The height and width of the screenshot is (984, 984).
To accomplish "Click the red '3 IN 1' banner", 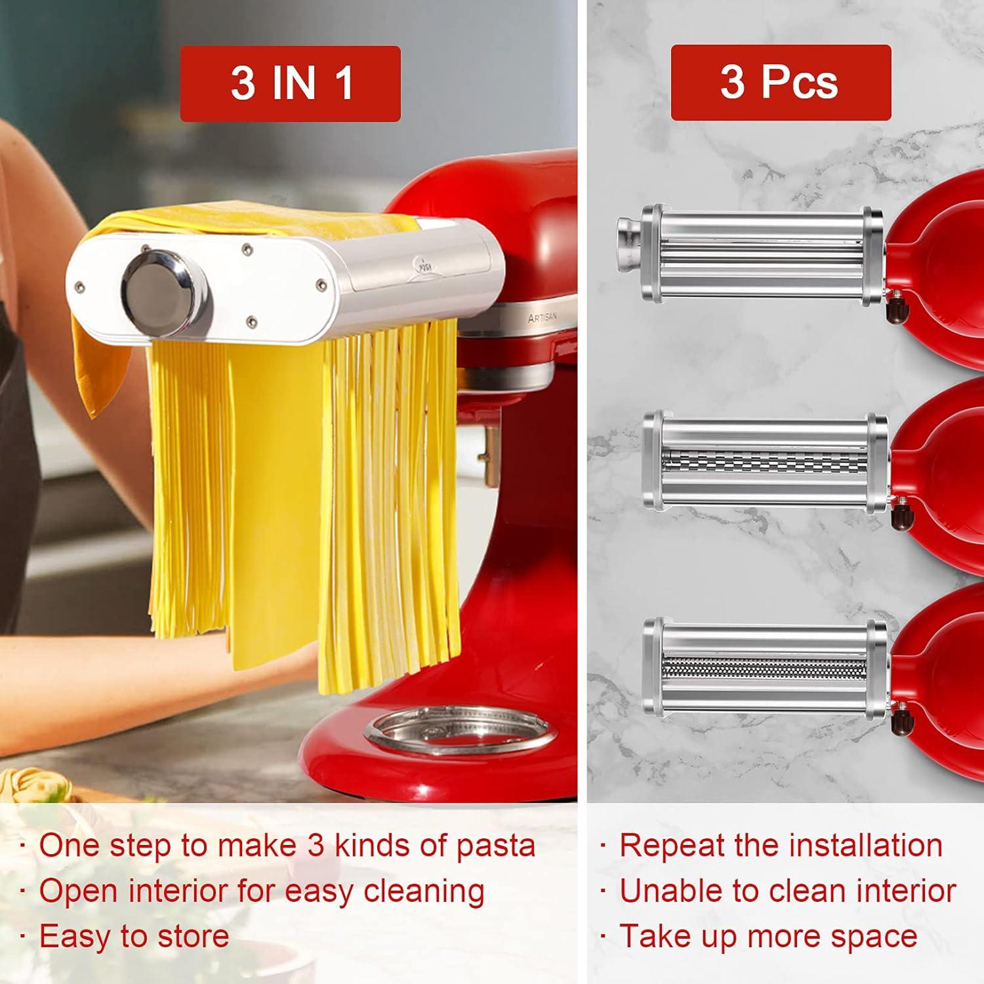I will point(290,83).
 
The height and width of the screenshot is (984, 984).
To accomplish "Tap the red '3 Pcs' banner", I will point(780,83).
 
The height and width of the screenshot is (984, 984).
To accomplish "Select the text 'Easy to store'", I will point(134,936).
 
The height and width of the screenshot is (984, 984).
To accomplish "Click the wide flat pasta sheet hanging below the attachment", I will point(276,499).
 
